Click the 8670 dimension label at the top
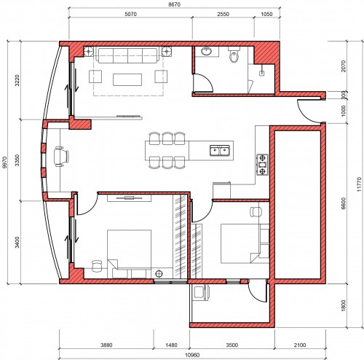174,4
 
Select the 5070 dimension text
131,14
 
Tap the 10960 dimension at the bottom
192,355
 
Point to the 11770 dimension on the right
360,184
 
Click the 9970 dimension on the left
4,162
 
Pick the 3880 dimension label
106,345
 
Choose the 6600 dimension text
344,203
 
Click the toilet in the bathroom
234,54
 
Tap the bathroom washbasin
207,52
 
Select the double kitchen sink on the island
220,151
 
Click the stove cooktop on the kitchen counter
262,165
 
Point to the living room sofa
127,55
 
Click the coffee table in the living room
127,79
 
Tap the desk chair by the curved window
61,157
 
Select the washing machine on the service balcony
200,292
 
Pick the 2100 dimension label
300,345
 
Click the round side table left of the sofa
89,52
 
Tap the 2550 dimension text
223,14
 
